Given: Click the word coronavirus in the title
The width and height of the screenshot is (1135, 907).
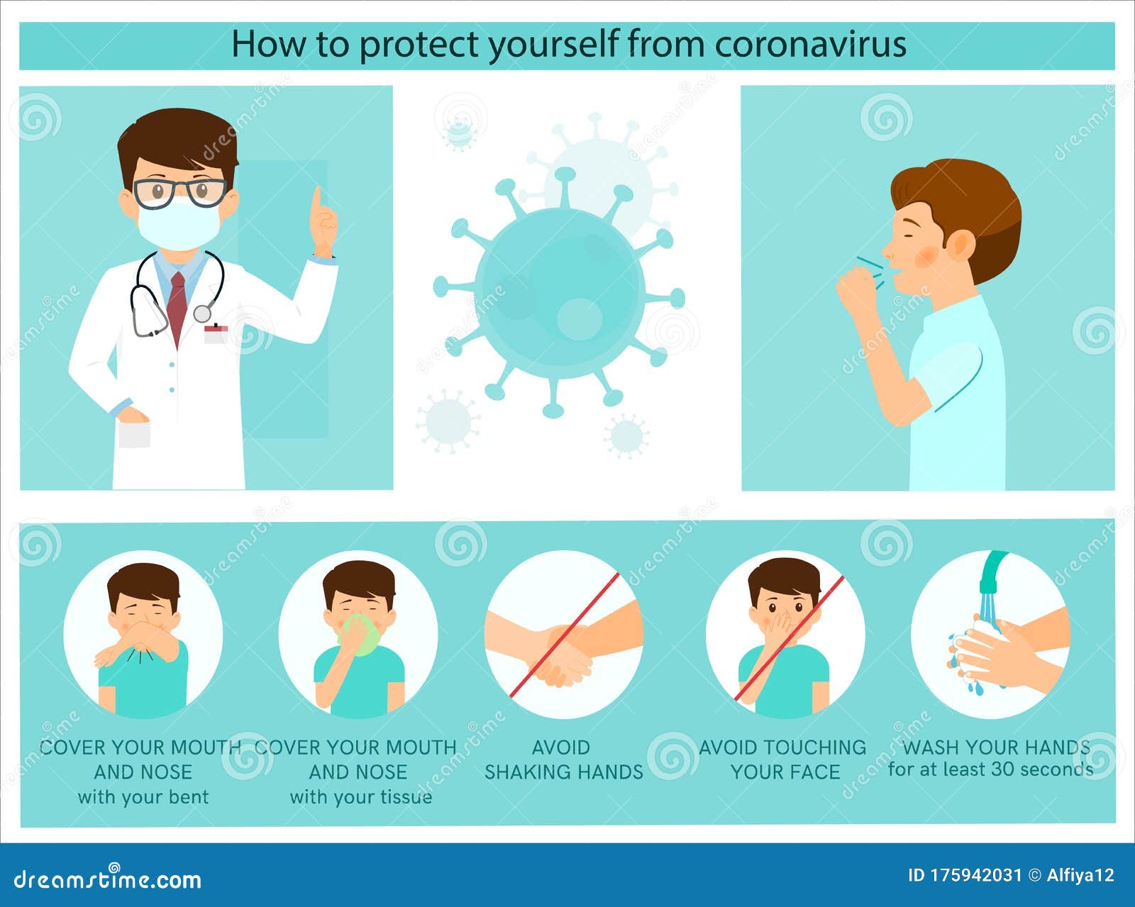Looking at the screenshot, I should pos(810,44).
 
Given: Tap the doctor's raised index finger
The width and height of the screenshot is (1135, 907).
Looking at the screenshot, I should pos(317,202).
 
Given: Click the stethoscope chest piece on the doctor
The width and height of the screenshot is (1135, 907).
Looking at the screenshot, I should pos(202,313).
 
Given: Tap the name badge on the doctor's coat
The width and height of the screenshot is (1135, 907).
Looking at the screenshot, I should pos(216,333).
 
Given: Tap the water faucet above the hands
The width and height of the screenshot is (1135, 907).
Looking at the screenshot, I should pos(992,572).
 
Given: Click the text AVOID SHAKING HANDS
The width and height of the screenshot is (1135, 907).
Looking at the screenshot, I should pos(563,759).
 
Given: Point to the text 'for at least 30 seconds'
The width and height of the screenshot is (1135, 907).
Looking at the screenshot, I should pos(990,769).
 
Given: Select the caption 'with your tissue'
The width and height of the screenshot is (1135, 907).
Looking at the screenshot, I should pos(360,797).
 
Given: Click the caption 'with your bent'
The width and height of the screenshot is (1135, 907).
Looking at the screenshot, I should pos(143,797).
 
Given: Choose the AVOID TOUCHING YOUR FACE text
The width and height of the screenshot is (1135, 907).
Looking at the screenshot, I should pos(783,759).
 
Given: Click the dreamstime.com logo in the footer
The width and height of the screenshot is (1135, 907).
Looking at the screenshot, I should pos(108,879).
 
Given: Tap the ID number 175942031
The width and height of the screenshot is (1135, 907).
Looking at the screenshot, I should pos(973,876).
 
